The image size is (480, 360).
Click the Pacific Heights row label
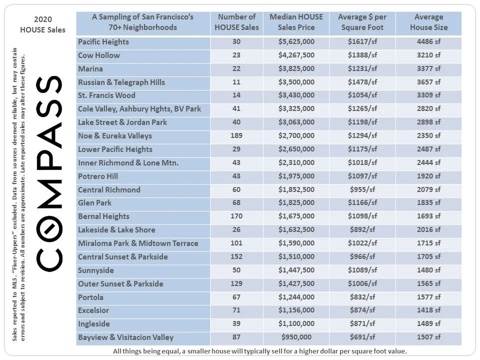(x=103, y=42)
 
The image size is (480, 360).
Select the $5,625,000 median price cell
(x=296, y=42)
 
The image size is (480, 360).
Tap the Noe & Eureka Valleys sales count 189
(x=236, y=136)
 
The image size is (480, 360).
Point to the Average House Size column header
(x=428, y=22)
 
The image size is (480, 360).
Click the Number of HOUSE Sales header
(x=236, y=22)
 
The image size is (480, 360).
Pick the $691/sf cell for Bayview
(x=362, y=337)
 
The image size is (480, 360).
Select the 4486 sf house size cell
(x=428, y=42)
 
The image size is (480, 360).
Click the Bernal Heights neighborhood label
(x=103, y=216)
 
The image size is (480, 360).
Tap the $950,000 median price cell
(x=296, y=337)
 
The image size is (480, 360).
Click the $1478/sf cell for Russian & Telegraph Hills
(x=362, y=82)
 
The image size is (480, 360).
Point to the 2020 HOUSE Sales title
(x=42, y=24)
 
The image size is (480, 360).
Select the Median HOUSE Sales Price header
(x=296, y=22)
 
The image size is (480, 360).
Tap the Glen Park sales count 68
(x=236, y=203)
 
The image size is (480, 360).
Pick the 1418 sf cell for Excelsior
(x=428, y=310)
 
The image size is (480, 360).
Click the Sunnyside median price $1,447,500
(x=296, y=270)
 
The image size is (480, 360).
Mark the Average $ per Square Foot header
(x=362, y=22)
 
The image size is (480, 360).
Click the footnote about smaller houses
(x=260, y=351)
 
